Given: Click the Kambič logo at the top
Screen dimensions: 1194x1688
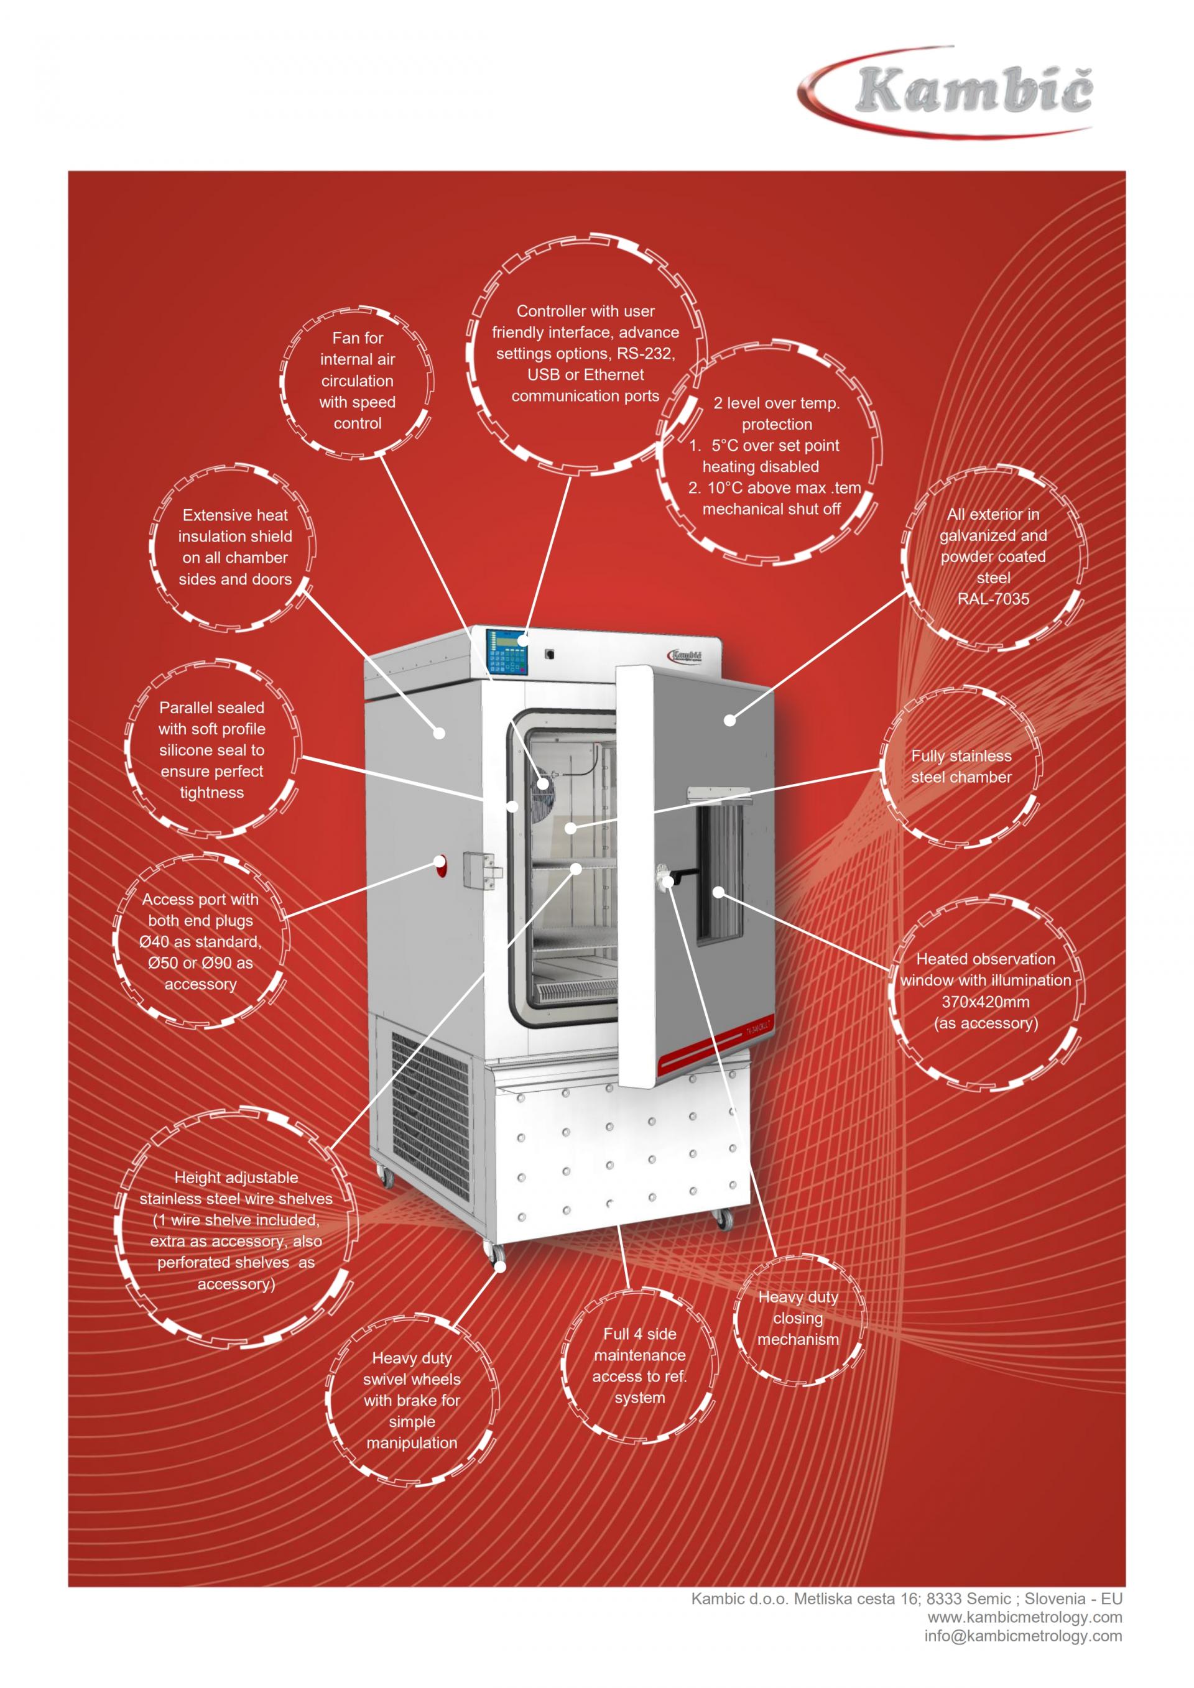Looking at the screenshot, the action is [x=948, y=91].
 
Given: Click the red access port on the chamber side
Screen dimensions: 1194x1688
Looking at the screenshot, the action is [x=440, y=866].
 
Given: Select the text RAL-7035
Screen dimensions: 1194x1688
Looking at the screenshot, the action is [x=993, y=599].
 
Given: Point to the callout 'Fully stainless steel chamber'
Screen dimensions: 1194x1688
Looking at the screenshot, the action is [x=961, y=766].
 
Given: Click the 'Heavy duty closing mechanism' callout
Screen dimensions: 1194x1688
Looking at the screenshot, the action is [x=798, y=1318].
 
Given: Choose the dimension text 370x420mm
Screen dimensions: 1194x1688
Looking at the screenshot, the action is [x=985, y=1002].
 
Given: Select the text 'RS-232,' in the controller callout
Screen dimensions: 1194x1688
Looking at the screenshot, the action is [x=646, y=354].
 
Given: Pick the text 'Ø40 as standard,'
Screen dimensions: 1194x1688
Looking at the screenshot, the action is [x=200, y=942].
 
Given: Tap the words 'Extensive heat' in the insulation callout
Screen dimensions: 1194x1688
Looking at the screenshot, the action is [x=235, y=515].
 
